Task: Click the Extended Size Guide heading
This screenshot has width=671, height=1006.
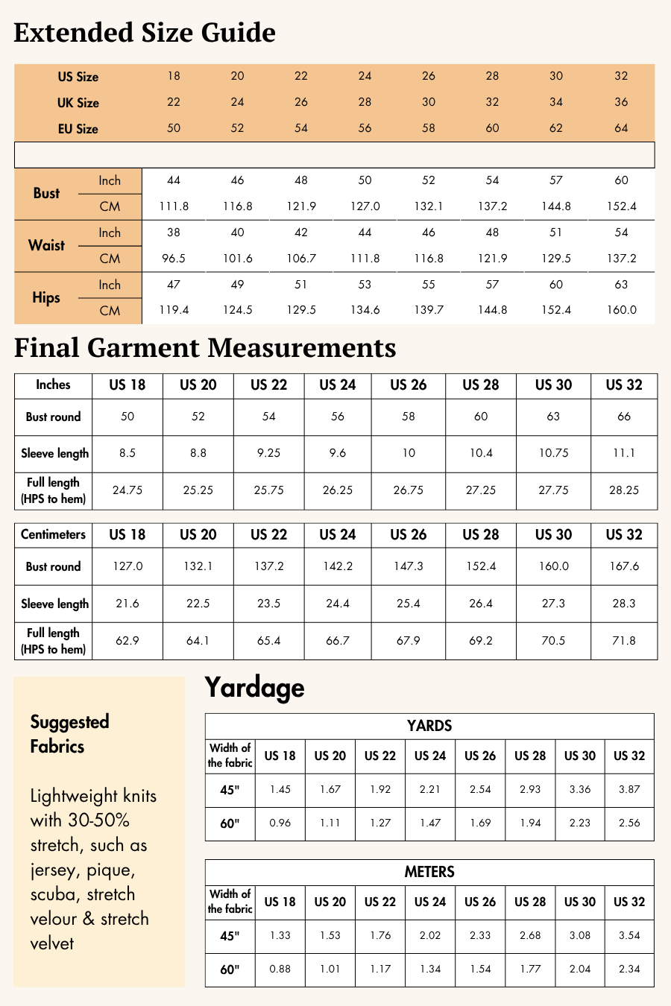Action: [x=145, y=33]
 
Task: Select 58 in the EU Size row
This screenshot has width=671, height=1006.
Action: [x=428, y=128]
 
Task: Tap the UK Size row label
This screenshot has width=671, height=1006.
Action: [x=78, y=103]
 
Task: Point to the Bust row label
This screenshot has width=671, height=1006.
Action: [x=46, y=194]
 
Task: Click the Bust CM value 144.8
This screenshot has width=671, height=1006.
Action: [x=556, y=206]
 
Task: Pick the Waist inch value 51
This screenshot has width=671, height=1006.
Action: [x=556, y=232]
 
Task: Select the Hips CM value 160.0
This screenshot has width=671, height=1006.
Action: [x=621, y=310]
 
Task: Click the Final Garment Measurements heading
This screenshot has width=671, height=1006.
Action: [x=205, y=348]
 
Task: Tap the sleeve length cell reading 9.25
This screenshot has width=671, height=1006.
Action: [x=269, y=453]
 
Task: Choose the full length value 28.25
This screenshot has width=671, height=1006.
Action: [x=624, y=490]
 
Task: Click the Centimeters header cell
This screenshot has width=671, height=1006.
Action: [x=53, y=534]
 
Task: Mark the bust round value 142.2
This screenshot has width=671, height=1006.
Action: [x=338, y=566]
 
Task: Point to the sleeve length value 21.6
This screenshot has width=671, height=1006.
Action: [x=127, y=604]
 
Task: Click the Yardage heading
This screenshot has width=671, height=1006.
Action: [x=254, y=687]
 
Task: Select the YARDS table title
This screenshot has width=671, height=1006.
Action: [x=429, y=726]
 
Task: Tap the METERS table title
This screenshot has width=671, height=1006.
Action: [x=429, y=872]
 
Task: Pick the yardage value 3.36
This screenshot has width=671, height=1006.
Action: [x=580, y=789]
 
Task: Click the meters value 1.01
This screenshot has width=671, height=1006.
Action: [x=330, y=969]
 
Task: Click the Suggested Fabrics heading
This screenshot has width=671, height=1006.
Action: [x=69, y=734]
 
